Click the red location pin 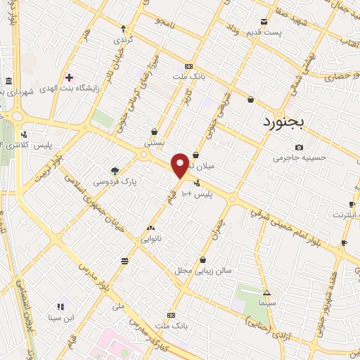pos(180,165)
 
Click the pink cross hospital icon pos(69,77)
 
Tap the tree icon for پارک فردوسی pos(115,170)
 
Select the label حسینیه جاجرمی pos(300,157)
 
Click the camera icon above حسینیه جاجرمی pos(300,147)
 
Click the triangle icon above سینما pos(266,292)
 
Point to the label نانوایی pos(150,238)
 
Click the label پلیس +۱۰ pos(195,193)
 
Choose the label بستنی pos(154,142)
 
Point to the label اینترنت pos(344,213)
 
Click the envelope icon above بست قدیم pos(264,22)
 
